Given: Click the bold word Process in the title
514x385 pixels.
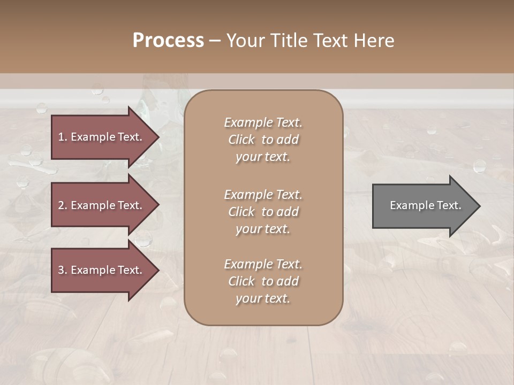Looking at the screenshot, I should (168, 41).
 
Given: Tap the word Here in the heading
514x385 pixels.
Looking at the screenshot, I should (374, 41).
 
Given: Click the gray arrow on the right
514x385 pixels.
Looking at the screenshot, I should (423, 206).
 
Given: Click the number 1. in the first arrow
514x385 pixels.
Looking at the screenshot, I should (63, 137).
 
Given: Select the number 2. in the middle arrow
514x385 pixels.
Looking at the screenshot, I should (63, 205).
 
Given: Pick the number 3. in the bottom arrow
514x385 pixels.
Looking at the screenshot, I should (63, 270).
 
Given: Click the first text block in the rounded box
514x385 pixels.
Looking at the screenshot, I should (263, 140).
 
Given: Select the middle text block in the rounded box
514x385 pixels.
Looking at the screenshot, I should (263, 212).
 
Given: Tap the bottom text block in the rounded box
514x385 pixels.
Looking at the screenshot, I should (263, 281).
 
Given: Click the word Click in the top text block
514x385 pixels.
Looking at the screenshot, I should (241, 140).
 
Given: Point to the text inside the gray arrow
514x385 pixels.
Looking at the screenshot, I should (425, 205).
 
